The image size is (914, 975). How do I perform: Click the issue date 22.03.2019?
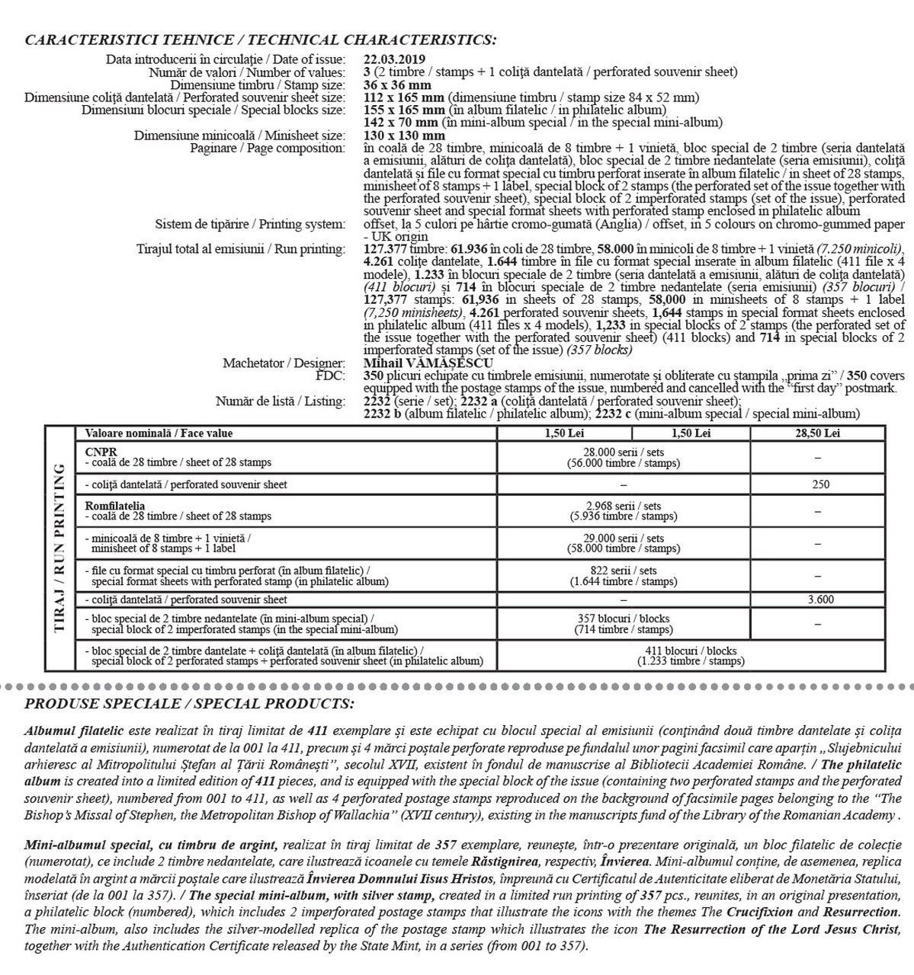(394, 59)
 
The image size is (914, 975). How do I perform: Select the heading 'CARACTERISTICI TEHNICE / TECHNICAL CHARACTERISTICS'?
(261, 40)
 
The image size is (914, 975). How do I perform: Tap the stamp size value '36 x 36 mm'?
(397, 85)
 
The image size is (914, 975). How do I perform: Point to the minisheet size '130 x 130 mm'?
(404, 136)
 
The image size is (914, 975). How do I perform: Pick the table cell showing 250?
(820, 484)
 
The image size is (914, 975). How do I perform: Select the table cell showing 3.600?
(820, 599)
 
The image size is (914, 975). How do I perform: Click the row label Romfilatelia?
(115, 506)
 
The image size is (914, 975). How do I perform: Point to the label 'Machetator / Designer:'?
(284, 363)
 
